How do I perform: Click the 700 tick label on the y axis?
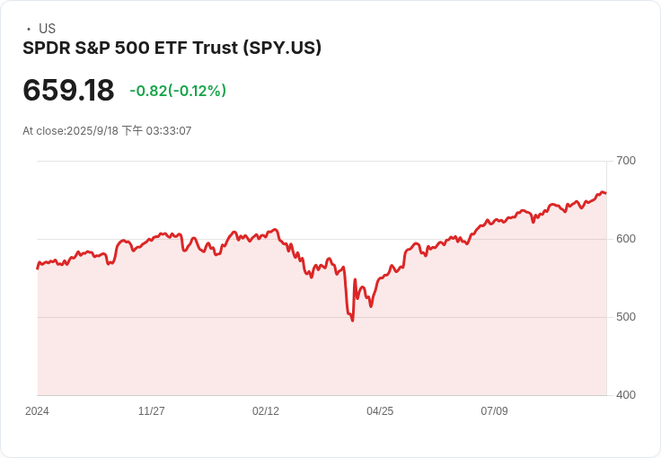(x=625, y=161)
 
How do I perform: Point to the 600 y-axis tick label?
(x=625, y=239)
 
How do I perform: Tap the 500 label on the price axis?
(x=625, y=317)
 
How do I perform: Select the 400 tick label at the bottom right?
(x=625, y=395)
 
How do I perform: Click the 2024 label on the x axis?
(x=37, y=411)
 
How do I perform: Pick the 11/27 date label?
(x=151, y=411)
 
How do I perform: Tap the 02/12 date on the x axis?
(x=266, y=411)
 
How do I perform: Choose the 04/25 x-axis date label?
(x=380, y=411)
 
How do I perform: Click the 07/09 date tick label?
(x=494, y=411)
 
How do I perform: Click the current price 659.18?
(x=68, y=91)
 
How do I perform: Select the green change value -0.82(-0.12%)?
(x=178, y=91)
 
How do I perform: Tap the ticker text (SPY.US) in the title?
(x=282, y=48)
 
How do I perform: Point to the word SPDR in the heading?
(x=45, y=48)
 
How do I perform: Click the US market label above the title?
(x=47, y=29)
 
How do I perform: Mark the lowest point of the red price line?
(x=352, y=321)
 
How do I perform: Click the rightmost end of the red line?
(x=605, y=193)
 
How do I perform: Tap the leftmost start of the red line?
(x=38, y=268)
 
